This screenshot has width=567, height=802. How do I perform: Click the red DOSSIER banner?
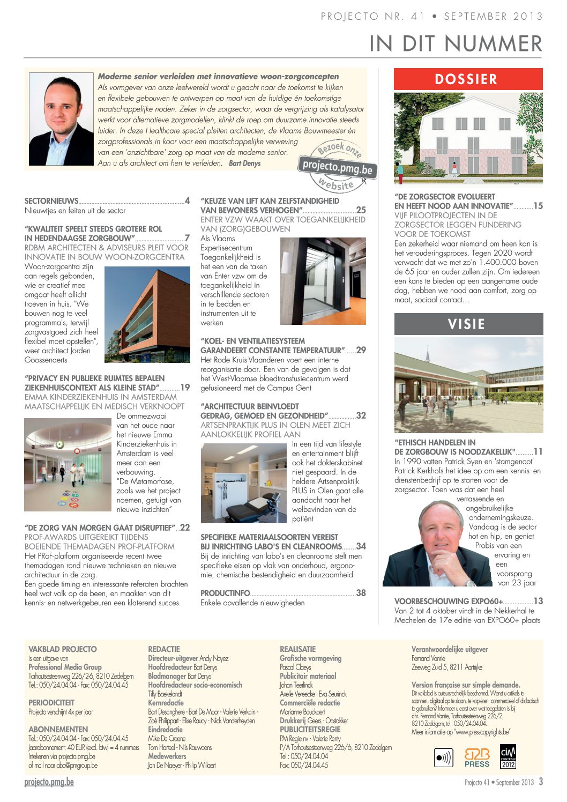tap(468, 79)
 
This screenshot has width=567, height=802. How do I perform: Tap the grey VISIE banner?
tap(468, 324)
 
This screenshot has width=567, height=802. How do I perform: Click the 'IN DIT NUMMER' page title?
tap(456, 44)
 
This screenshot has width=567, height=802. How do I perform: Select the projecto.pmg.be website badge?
tap(337, 167)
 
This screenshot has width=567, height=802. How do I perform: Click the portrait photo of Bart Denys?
tap(61, 119)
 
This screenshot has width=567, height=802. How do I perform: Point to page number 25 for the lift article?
tap(361, 210)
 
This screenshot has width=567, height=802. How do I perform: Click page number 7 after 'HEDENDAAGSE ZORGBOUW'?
tap(187, 238)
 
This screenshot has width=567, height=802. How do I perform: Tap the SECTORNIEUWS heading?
tap(51, 201)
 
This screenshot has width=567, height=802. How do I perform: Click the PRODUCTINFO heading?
tap(225, 593)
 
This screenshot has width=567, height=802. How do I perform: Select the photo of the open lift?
tap(323, 281)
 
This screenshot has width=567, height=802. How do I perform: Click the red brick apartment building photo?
tap(147, 315)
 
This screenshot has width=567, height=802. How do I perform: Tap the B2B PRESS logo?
tap(476, 758)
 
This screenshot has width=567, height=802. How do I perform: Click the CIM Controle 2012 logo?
tap(508, 756)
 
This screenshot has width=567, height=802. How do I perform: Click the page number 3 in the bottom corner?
tap(541, 782)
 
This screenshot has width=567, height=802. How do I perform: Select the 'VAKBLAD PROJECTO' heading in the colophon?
tap(63, 649)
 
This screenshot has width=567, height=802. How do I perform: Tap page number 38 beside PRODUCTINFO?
tap(361, 593)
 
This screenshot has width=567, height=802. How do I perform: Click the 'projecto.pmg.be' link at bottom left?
tap(49, 782)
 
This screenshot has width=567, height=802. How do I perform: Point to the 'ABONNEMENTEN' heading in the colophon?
tap(58, 730)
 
